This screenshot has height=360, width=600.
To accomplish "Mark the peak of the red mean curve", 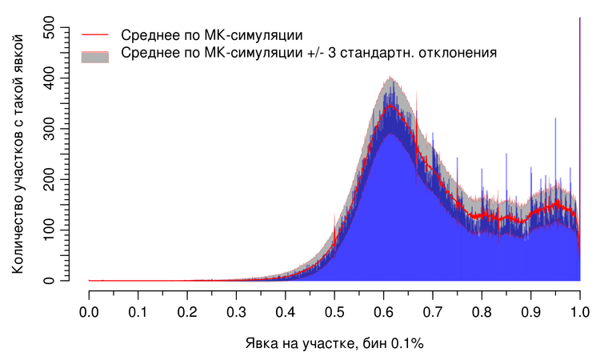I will (x=390, y=105).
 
